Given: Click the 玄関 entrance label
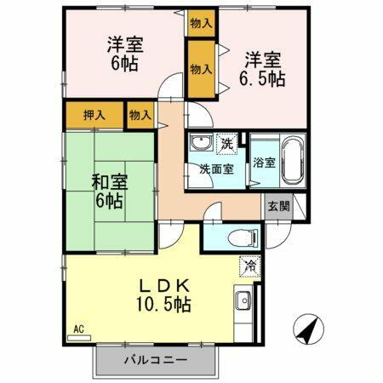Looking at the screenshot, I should [x=278, y=205].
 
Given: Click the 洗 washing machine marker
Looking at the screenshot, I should [x=228, y=143].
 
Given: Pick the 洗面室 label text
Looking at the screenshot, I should [x=217, y=169].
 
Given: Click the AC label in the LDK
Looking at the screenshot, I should [x=77, y=329].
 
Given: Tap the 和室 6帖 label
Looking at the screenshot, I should [x=107, y=191].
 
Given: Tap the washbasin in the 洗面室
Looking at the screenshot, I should [x=202, y=143].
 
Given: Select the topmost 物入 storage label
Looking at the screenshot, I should [x=202, y=23].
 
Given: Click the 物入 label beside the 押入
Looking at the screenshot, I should [x=140, y=115].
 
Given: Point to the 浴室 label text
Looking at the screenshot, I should [x=263, y=163].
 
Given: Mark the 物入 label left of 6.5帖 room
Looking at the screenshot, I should [x=202, y=70].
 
